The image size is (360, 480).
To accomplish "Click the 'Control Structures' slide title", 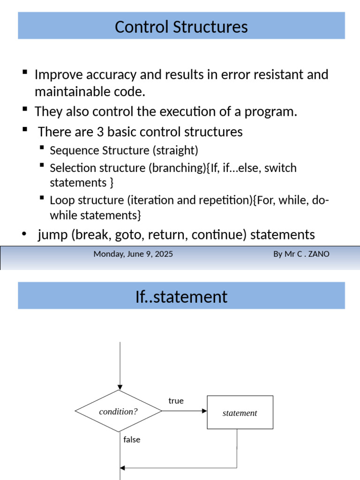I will [181, 27].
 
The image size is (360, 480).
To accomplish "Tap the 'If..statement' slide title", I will [181, 297].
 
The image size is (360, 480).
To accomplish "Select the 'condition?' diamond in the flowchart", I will [119, 412].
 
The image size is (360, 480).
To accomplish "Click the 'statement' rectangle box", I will [240, 412].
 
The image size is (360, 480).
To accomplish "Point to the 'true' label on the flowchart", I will [176, 401].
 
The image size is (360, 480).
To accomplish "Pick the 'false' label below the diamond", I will [132, 440].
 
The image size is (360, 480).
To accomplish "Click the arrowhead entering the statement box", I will [204, 411].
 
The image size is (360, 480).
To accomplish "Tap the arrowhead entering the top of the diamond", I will [120, 387].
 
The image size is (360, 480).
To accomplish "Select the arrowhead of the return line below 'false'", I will [123, 468].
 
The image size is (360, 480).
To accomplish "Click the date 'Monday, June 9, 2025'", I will [133, 254].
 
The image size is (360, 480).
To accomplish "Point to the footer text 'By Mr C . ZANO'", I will [301, 254].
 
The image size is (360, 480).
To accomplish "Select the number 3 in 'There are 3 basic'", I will [99, 132].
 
